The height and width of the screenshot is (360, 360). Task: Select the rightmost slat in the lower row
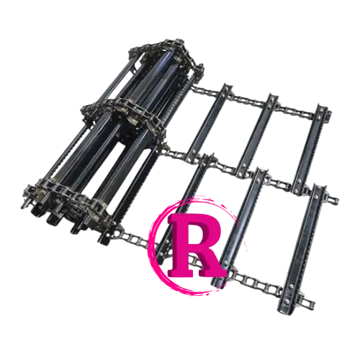pyautogui.click(x=302, y=250)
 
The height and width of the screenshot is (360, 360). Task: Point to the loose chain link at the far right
pyautogui.click(x=333, y=199)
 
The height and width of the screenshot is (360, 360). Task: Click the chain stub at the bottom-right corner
pyautogui.click(x=308, y=301)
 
